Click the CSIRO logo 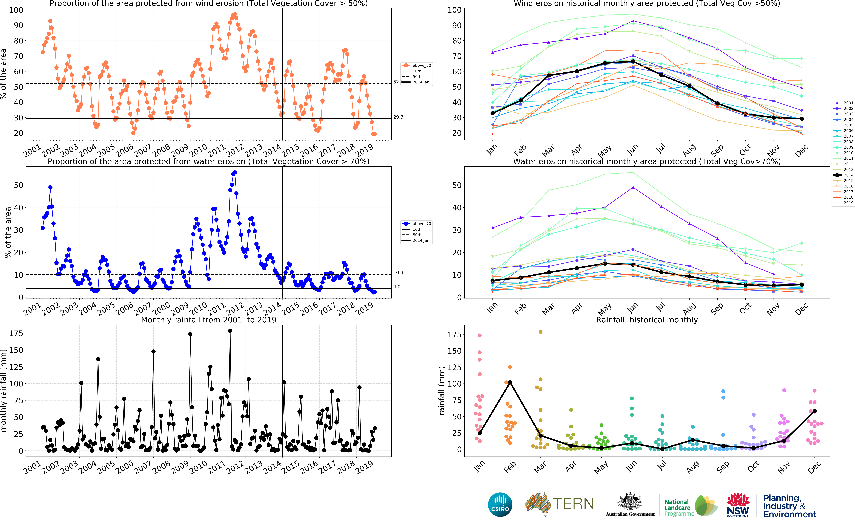point(500,504)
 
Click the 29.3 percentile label point(398,117)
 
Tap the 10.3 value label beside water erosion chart point(398,273)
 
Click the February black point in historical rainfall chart point(510,382)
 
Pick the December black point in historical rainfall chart point(814,411)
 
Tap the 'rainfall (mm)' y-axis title point(442,390)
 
